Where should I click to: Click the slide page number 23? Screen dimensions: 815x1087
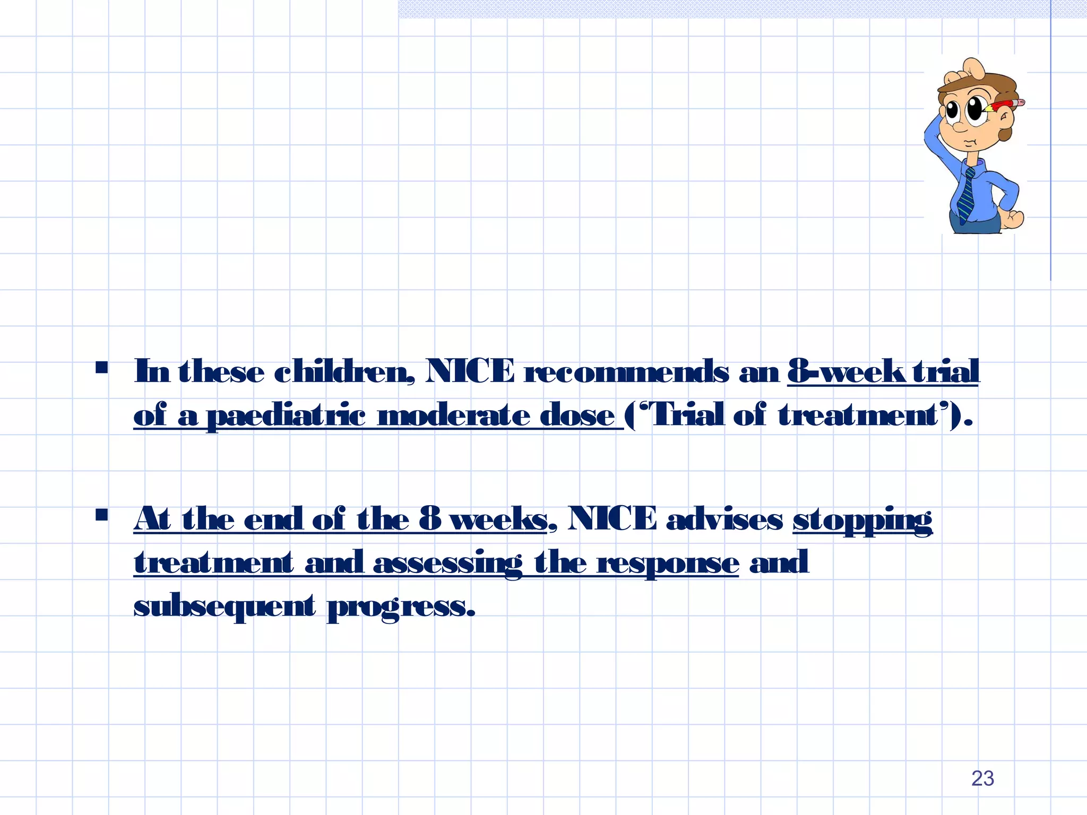click(982, 778)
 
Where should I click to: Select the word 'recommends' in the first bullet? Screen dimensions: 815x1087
click(626, 371)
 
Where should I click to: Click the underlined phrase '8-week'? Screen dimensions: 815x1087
click(847, 371)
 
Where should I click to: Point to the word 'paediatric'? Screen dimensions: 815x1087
click(286, 415)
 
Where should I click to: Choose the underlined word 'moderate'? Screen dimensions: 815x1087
click(453, 415)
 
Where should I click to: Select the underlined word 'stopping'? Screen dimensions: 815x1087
click(862, 520)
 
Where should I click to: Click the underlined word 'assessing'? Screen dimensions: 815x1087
click(447, 563)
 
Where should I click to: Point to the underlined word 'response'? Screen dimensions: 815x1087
click(668, 563)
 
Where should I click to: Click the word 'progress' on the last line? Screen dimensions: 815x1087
click(400, 607)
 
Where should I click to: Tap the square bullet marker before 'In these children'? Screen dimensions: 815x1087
click(101, 367)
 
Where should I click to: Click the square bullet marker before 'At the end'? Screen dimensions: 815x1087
click(101, 515)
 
